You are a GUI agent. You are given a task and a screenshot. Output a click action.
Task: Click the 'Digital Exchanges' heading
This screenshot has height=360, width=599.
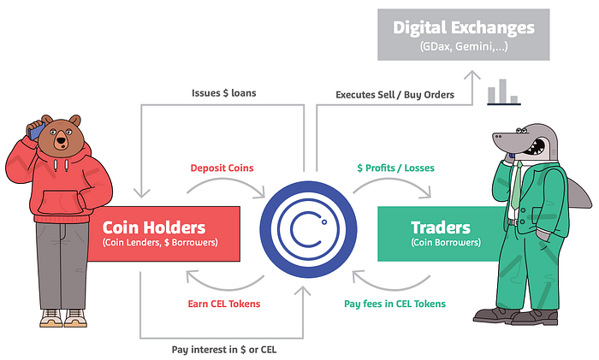(464, 27)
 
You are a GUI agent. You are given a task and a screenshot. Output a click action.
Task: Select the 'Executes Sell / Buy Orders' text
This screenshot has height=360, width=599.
(394, 94)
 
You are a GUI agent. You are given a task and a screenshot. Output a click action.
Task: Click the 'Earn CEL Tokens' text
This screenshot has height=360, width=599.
(224, 304)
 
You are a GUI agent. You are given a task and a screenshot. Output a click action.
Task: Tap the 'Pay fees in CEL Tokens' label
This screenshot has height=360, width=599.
(394, 304)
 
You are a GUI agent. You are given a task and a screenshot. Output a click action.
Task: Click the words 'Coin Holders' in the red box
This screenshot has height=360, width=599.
(154, 227)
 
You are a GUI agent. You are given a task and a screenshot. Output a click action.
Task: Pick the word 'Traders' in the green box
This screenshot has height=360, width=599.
(441, 227)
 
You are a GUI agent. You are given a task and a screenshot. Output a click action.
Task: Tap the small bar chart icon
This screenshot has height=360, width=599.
(503, 92)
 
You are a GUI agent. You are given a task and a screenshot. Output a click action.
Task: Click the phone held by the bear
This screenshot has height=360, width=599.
(35, 130)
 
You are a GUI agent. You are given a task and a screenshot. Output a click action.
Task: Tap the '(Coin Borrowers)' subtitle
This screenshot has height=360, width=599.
(441, 244)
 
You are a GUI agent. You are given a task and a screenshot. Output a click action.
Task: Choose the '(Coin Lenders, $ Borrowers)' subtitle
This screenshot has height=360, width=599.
(160, 244)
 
